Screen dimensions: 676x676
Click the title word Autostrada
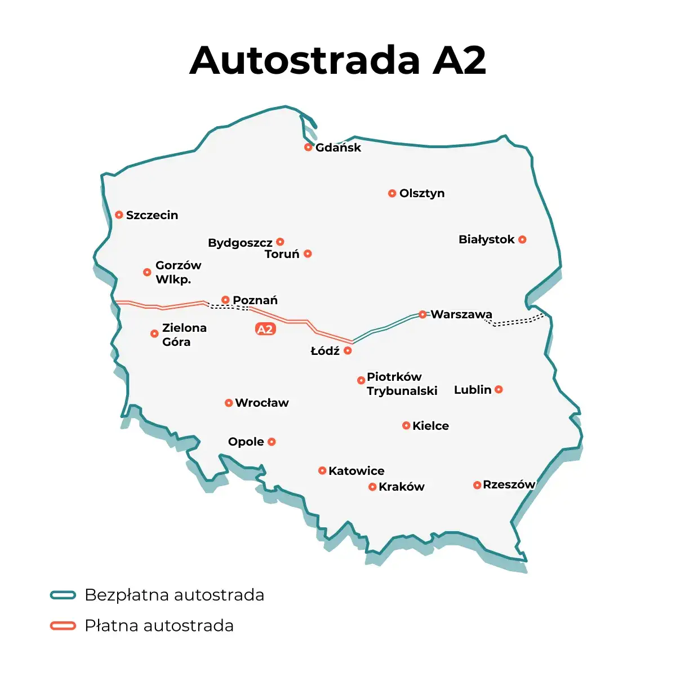coord(305,60)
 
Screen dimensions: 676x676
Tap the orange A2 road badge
coord(265,329)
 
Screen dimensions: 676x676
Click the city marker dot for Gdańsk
coord(308,147)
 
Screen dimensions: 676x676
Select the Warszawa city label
coord(461,314)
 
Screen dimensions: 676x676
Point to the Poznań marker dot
coord(225,300)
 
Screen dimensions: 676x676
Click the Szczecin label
coord(152,215)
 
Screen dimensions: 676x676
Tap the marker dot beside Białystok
coord(522,239)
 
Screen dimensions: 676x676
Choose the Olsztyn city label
coord(422,193)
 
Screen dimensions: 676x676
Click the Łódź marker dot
coord(348,350)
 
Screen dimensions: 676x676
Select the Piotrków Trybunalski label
coord(402,384)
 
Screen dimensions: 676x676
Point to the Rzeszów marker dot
coord(477,485)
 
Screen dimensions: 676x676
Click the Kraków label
coord(401,487)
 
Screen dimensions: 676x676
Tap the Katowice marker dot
coord(322,470)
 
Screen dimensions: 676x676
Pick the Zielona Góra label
coord(184,335)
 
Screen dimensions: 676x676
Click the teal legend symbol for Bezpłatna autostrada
coord(63,595)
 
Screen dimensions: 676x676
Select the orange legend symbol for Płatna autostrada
coord(63,626)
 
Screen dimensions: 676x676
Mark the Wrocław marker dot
coord(229,403)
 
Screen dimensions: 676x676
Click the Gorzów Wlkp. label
coord(177,272)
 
